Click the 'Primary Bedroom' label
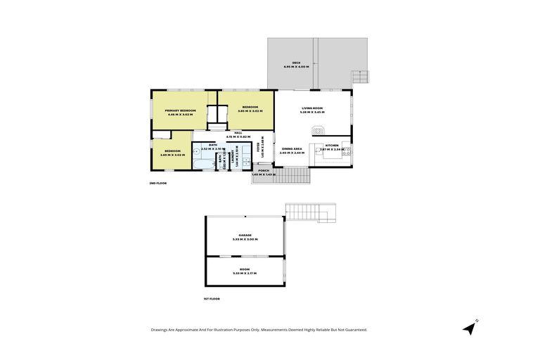180,110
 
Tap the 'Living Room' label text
311,108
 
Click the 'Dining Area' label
292,148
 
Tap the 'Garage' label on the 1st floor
245,235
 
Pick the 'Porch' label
264,170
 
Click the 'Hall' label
238,132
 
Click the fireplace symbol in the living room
319,130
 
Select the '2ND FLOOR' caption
158,183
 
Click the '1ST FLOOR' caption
212,299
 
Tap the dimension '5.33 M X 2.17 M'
245,273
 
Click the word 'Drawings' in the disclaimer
161,330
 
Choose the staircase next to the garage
307,211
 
